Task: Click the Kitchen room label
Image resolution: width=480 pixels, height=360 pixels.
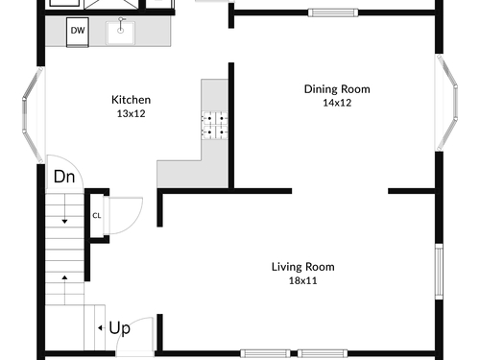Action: point(131,100)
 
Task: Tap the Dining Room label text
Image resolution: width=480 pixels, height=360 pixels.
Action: point(337,89)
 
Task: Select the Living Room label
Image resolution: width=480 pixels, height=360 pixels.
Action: point(303,267)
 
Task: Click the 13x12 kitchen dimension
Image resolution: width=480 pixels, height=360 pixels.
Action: point(131,113)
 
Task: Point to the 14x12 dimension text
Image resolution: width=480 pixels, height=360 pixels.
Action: point(337,103)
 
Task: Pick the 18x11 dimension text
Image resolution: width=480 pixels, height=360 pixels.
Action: point(302,280)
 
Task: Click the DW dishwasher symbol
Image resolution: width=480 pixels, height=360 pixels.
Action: point(78,32)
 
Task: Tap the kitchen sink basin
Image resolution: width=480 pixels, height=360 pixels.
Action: point(120,33)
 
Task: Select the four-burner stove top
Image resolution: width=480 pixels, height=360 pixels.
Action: point(214,125)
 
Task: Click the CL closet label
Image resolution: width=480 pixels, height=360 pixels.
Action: point(97,216)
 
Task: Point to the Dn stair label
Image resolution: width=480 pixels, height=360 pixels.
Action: point(64,177)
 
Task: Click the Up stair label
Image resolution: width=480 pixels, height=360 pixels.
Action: point(120,328)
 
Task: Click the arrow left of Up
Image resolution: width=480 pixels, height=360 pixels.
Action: point(100,327)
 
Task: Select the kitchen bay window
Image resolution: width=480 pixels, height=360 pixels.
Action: point(32,114)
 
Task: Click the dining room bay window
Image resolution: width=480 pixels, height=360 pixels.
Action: point(446,103)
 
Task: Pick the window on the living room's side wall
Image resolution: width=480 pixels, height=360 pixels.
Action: point(439,272)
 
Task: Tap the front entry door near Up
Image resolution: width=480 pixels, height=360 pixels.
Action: point(134,337)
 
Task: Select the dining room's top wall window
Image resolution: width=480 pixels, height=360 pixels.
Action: point(333,12)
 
